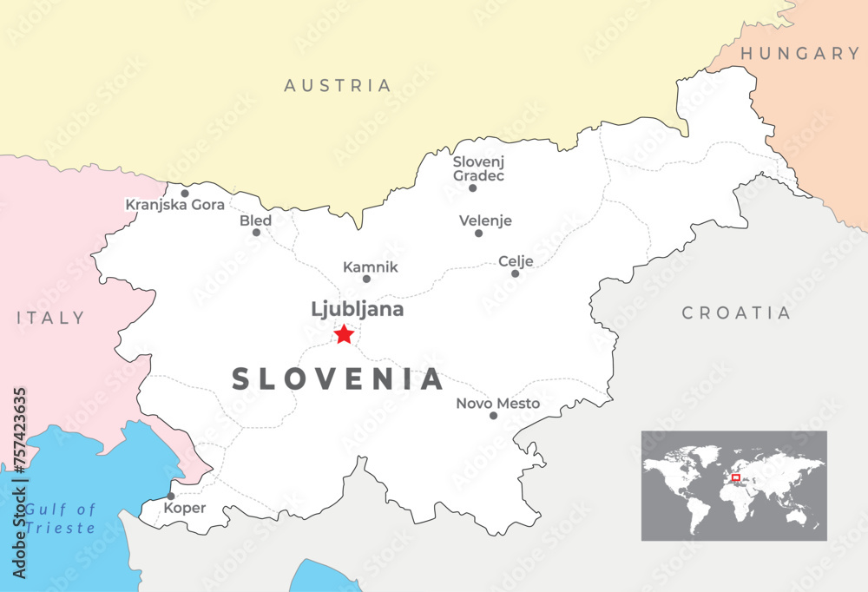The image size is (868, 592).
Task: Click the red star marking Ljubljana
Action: (x=344, y=333)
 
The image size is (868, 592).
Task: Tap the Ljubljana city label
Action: (x=357, y=309)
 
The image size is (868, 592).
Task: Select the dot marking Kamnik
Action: (x=366, y=279)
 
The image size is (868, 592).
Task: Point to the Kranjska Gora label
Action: (x=175, y=205)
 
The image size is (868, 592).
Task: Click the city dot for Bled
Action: (x=256, y=232)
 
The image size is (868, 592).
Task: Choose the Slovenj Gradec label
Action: (x=478, y=168)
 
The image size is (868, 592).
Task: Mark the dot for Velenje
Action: (x=478, y=233)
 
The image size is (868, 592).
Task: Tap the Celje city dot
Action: (x=515, y=273)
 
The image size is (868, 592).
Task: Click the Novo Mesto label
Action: (x=497, y=403)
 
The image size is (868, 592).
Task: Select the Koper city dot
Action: (x=170, y=497)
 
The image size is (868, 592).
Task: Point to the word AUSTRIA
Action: (x=338, y=86)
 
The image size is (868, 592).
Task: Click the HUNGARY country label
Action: (x=799, y=54)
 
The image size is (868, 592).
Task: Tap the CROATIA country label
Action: (x=736, y=312)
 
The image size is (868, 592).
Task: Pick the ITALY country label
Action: (x=51, y=318)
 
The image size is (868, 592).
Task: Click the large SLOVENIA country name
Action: (x=338, y=379)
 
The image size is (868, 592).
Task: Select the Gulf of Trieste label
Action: (x=59, y=518)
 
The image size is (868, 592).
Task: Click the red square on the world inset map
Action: (x=735, y=477)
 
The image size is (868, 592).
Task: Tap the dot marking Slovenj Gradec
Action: (x=472, y=187)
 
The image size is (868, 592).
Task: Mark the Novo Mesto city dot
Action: (x=493, y=416)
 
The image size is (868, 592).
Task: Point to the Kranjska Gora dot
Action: (x=184, y=194)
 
